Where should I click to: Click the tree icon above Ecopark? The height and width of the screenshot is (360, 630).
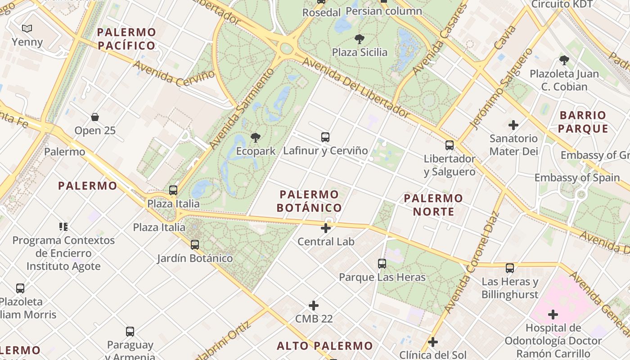(256, 137)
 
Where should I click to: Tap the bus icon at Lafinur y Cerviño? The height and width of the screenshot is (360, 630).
(325, 137)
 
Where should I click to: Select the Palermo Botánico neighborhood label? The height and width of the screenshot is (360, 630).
(309, 201)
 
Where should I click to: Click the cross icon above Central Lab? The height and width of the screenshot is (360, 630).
(326, 228)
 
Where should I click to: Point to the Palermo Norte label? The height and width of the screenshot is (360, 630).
(433, 205)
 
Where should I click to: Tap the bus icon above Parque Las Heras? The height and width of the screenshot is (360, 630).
(382, 264)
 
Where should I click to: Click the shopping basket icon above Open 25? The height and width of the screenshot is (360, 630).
(95, 117)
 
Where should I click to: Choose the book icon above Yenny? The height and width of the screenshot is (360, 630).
(27, 29)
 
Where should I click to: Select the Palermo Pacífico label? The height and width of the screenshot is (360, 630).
(126, 39)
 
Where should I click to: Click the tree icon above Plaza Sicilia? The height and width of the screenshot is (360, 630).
(359, 39)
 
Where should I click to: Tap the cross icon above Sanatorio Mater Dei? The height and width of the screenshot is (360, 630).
(513, 125)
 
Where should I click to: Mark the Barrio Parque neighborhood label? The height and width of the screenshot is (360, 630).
(584, 122)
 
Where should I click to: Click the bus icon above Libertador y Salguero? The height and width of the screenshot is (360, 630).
(449, 145)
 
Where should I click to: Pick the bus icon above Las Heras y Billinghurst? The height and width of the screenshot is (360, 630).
(510, 268)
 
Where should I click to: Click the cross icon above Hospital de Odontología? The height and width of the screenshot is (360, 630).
(553, 314)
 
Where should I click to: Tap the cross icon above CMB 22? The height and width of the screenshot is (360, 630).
(314, 306)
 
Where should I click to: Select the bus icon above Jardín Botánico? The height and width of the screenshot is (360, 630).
(194, 245)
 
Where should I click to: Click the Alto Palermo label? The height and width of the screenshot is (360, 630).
(325, 346)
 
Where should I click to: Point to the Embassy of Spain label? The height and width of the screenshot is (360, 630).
(577, 177)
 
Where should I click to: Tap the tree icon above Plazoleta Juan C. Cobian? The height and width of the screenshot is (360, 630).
(564, 60)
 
